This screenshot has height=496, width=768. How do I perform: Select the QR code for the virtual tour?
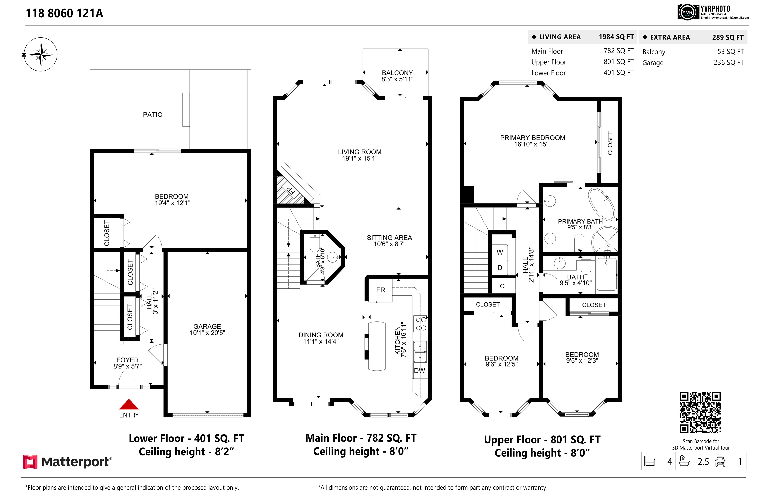[x=700, y=413]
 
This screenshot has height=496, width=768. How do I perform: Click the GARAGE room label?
[x=207, y=327]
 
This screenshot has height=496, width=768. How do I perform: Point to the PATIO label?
[x=153, y=115]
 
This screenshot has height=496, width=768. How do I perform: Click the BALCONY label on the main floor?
[x=397, y=73]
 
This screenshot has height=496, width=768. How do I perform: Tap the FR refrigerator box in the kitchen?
[x=380, y=290]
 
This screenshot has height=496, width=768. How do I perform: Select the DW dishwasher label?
[x=419, y=371]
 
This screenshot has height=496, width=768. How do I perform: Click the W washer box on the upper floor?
[x=499, y=252]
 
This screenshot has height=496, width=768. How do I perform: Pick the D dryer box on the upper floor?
[x=499, y=268]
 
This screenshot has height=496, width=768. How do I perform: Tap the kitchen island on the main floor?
[x=377, y=346]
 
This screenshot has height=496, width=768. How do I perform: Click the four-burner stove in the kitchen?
[x=421, y=324]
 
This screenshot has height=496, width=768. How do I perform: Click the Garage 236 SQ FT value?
[x=729, y=62]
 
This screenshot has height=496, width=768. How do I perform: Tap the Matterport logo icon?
[x=30, y=462]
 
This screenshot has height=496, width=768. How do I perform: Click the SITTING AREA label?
[x=389, y=238]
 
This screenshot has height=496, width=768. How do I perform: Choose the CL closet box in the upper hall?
[x=503, y=286]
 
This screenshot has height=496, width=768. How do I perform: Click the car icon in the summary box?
[x=720, y=462]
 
